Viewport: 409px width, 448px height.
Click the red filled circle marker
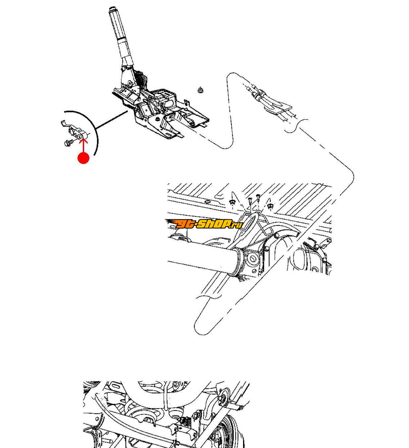(83, 158)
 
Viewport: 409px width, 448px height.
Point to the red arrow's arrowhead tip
(83, 138)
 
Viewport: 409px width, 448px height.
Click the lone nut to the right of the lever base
(200, 90)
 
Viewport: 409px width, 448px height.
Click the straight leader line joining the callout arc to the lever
(112, 120)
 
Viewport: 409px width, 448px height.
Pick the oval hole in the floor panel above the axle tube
(207, 202)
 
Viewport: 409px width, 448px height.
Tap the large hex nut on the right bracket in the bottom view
(222, 398)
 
